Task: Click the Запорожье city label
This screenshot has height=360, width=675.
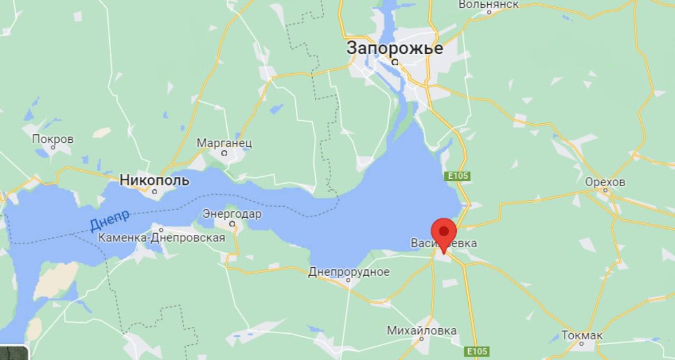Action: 394,48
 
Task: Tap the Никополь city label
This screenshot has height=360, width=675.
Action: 154,180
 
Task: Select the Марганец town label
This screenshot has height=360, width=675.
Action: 224,143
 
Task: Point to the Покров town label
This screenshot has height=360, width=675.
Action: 53,139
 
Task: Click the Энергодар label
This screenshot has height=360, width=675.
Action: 232,214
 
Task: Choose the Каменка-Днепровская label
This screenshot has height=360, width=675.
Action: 161,238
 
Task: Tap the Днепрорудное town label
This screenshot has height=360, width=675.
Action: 349,272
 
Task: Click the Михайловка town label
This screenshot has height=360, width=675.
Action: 422,330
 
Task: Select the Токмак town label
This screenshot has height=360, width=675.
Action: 582,335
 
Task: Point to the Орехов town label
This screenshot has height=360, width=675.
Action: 605,182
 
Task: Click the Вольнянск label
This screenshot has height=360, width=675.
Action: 488,4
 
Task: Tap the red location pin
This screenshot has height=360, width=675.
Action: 443,232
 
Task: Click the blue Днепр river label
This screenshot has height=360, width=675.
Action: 109,220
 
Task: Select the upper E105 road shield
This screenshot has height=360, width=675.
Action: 457,176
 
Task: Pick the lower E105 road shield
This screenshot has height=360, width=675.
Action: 477,351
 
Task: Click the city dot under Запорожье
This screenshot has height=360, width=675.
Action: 394,62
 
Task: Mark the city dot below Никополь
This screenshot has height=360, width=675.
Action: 155,191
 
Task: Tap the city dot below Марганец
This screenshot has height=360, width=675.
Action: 224,153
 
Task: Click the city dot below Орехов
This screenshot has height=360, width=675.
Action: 605,191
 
